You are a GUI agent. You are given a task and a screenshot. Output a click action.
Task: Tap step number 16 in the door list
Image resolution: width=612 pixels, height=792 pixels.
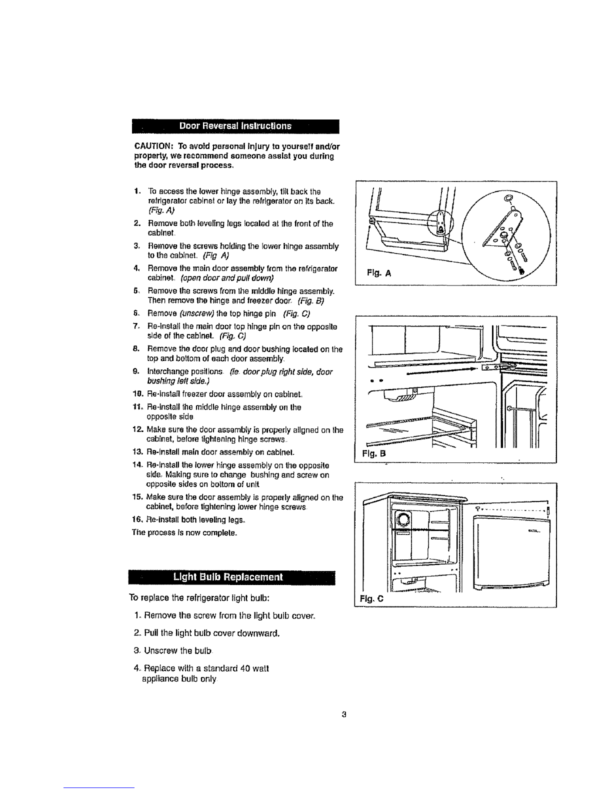pyautogui.click(x=138, y=520)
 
